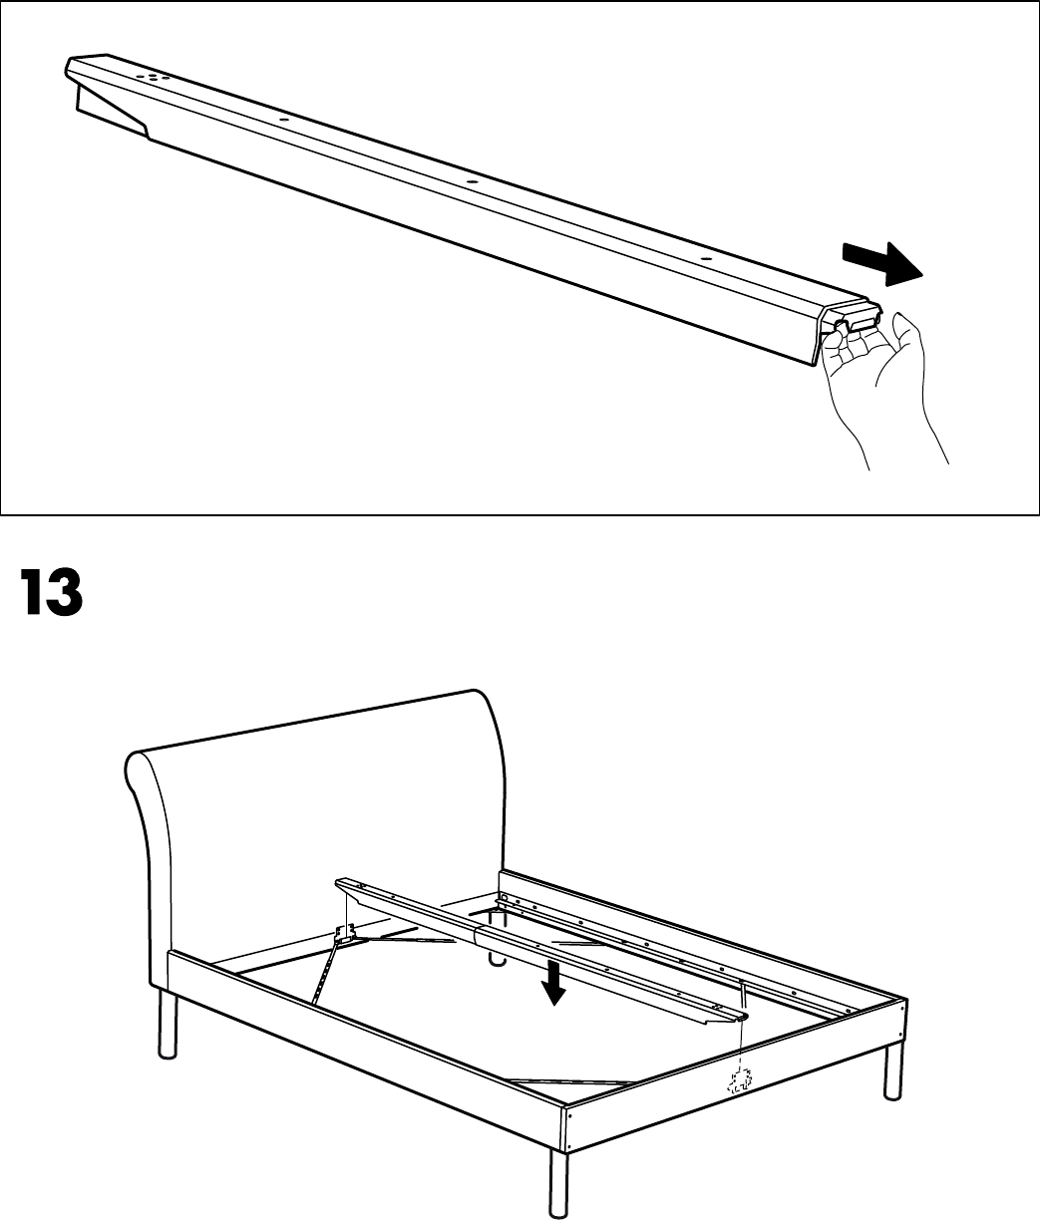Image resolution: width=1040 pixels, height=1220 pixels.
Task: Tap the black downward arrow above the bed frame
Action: click(x=555, y=981)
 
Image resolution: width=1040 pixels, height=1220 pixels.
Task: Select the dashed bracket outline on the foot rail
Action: click(x=740, y=1079)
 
